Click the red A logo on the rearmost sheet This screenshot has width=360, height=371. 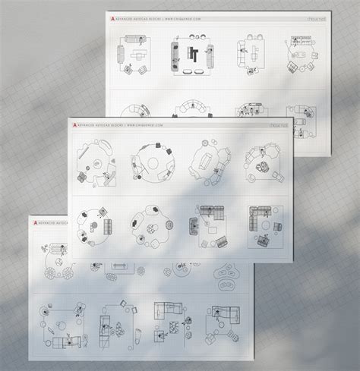point(112,17)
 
